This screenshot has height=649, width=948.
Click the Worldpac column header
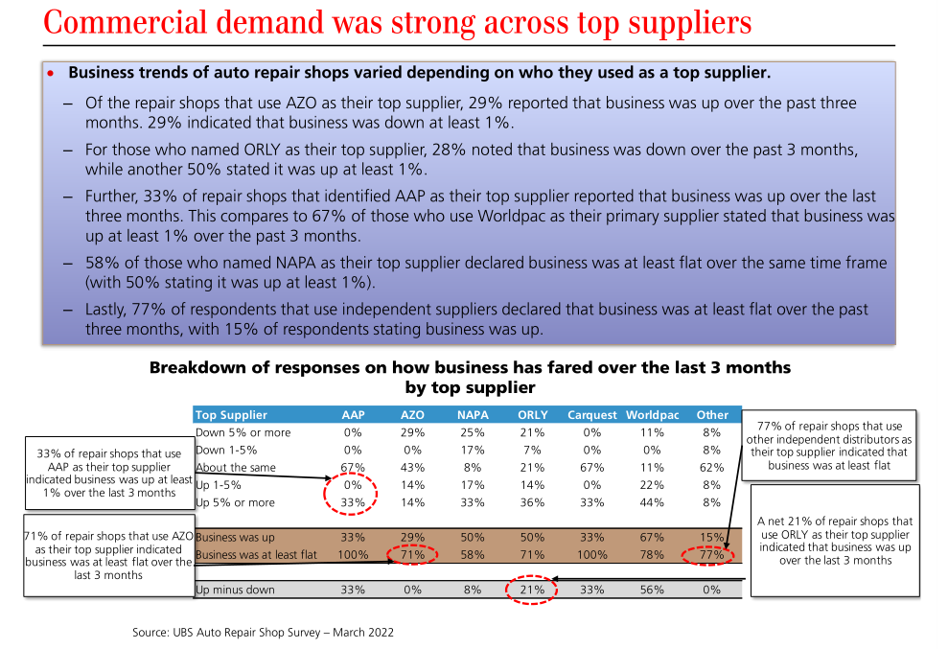click(x=652, y=415)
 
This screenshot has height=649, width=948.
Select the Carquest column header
click(x=591, y=415)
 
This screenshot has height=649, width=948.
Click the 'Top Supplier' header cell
click(x=231, y=415)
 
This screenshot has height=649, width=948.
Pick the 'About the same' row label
click(x=235, y=468)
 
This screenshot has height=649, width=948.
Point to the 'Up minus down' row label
click(x=235, y=590)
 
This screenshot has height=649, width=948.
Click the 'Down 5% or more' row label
click(x=243, y=432)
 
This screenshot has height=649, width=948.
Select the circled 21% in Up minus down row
click(x=532, y=590)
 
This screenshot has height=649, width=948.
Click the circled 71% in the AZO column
click(x=414, y=555)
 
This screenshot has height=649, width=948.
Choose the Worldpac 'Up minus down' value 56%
click(x=652, y=590)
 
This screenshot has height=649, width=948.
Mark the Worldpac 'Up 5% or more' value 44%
click(x=652, y=502)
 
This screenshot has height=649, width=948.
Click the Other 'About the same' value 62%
click(x=712, y=468)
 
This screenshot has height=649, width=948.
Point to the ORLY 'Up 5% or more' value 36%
click(x=532, y=502)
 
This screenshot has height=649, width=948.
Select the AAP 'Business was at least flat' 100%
click(x=353, y=555)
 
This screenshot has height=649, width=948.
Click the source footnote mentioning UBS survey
click(x=263, y=633)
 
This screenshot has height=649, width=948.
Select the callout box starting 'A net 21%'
click(x=834, y=541)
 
